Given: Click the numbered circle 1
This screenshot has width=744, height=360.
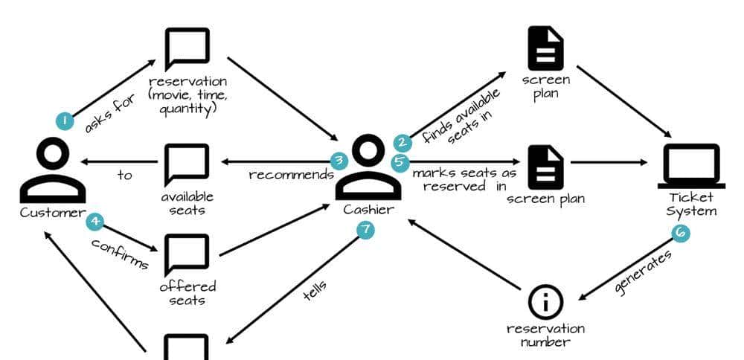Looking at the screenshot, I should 65,120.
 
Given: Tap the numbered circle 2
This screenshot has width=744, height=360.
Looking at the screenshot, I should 403,142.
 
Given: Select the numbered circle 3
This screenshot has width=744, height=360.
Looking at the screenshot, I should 339,160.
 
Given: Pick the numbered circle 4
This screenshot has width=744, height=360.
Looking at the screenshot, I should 94,221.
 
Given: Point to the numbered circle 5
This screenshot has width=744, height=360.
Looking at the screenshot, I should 400,160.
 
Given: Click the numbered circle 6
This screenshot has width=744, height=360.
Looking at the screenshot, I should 680,233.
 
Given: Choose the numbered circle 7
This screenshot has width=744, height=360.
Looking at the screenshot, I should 365,230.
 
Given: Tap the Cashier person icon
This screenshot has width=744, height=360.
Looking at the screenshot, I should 368,167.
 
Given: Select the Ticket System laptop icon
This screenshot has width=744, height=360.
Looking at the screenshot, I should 691,166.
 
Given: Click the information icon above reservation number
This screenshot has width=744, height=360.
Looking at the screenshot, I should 545,303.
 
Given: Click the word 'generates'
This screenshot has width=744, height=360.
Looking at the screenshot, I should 644,273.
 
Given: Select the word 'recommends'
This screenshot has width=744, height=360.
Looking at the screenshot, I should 291,175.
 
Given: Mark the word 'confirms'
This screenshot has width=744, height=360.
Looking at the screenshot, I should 120,254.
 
